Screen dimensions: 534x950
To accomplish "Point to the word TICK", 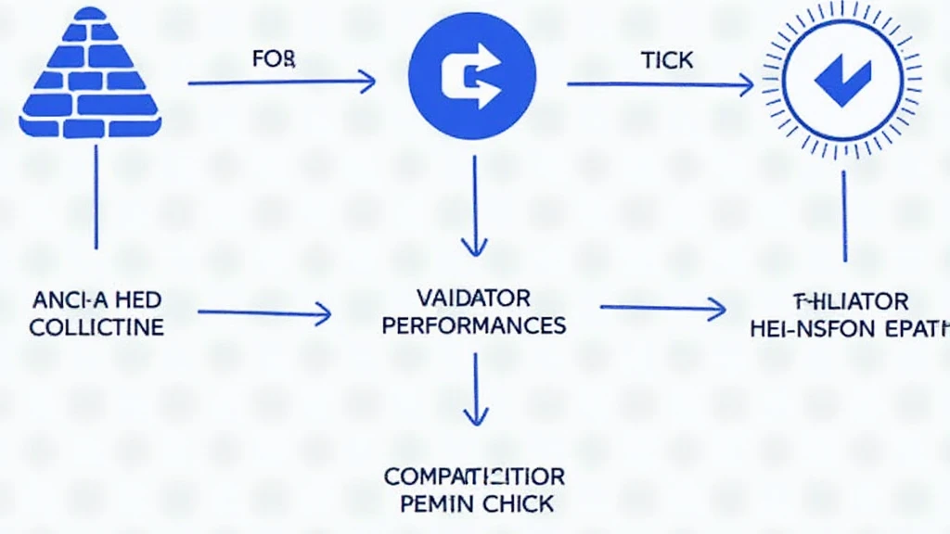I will click(x=666, y=61).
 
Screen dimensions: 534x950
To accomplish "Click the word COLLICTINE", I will click(x=96, y=327).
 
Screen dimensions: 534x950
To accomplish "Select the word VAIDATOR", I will click(x=474, y=299).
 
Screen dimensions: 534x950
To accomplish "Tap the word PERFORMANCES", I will click(x=474, y=326).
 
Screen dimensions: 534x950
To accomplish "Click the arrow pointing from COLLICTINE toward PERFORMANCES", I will click(x=264, y=313).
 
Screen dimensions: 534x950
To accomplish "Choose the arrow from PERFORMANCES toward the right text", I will click(x=662, y=308).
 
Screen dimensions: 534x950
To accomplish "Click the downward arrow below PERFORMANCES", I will click(x=474, y=388).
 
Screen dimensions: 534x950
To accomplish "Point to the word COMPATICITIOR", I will click(x=474, y=477).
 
